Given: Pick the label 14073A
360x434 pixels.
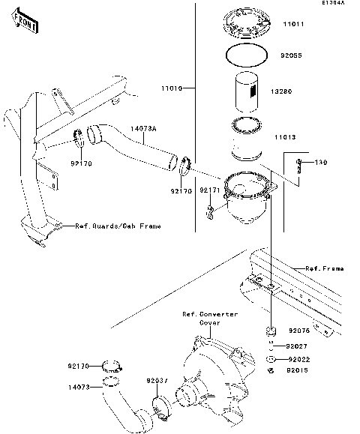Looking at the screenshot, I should click(x=143, y=130).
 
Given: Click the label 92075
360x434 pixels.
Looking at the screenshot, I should click(x=300, y=331).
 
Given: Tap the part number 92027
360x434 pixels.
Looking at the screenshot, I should click(x=298, y=346).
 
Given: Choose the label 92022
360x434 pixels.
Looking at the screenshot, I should click(x=298, y=359).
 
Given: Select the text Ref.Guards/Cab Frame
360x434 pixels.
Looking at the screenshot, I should click(x=117, y=226).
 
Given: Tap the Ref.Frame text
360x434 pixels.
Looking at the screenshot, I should click(x=324, y=268).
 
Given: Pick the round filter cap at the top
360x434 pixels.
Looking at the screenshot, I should click(x=247, y=24).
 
